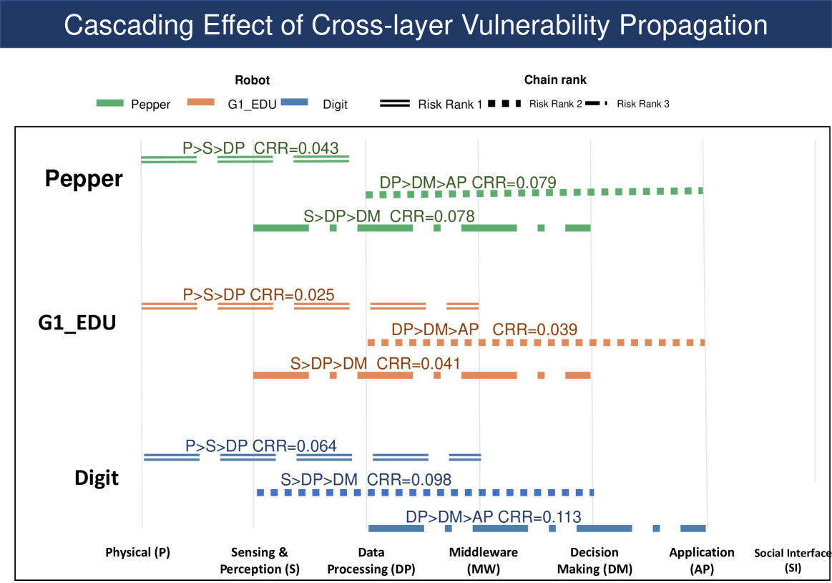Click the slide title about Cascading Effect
(x=416, y=25)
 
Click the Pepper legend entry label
(x=150, y=105)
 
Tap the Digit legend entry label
(x=335, y=105)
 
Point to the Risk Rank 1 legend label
(x=450, y=105)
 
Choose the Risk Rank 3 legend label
(x=643, y=104)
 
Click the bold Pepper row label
(x=84, y=179)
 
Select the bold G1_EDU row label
(x=77, y=323)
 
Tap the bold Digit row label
(x=97, y=478)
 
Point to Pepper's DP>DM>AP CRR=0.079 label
(x=468, y=182)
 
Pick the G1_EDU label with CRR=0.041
(x=375, y=363)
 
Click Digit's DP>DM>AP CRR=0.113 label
(x=493, y=516)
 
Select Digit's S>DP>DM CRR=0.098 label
(x=366, y=480)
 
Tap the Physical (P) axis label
(x=137, y=552)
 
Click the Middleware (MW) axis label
(x=484, y=561)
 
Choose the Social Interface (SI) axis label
(x=793, y=561)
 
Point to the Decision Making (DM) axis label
(x=594, y=561)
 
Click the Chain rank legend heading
(x=555, y=80)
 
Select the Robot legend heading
(x=253, y=80)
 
